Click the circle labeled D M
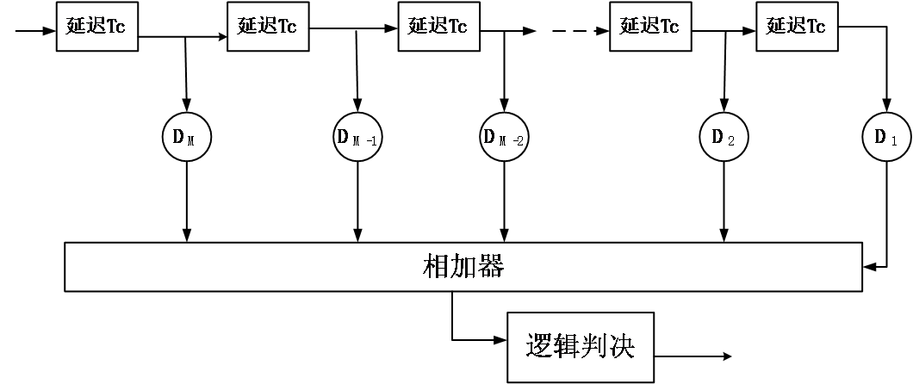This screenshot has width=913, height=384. coord(187,138)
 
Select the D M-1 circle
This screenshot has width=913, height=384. coord(357,138)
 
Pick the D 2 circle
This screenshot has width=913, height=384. coord(724,138)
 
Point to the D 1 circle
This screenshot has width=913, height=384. coord(886,138)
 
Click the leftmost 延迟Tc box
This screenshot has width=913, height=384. coord(96,27)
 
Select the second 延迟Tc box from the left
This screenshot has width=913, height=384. coord(267,27)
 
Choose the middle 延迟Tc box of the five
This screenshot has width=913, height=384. coord(438,27)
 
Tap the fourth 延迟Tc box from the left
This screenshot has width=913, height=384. coord(649,27)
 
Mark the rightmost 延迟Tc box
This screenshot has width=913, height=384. coord(796,27)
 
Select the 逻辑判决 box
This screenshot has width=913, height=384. coord(580,347)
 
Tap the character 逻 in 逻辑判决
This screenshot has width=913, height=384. coord(538,347)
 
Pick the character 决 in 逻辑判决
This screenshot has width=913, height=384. coord(622,347)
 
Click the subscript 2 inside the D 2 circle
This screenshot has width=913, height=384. coord(730,139)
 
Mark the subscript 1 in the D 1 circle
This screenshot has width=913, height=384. coord(893,139)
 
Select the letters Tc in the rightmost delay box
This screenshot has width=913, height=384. coord(815,27)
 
